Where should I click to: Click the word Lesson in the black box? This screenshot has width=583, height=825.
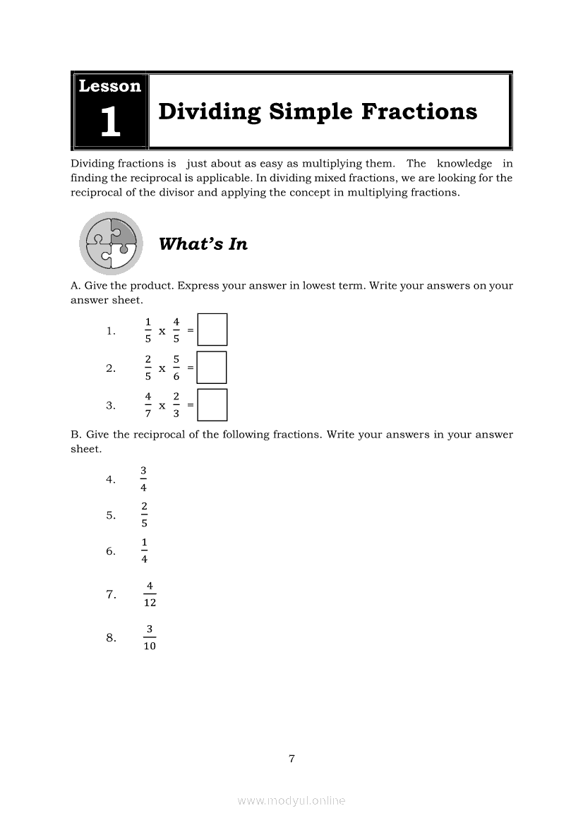tap(109, 87)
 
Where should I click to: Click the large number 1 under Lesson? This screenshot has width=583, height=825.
tap(110, 121)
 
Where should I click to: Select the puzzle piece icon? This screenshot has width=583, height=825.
tap(111, 243)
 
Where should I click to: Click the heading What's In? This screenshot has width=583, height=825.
tap(203, 244)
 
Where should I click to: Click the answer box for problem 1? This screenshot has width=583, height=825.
tap(212, 330)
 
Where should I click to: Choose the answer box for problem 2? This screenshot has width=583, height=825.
tap(212, 368)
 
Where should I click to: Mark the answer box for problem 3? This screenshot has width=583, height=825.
tap(212, 405)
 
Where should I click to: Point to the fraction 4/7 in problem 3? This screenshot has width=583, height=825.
tap(148, 405)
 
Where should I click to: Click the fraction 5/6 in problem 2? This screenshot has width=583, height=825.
tap(176, 368)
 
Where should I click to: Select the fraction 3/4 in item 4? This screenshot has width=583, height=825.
tap(144, 479)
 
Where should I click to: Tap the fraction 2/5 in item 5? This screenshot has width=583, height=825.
tap(144, 515)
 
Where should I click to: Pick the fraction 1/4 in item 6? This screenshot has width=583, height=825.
tap(144, 551)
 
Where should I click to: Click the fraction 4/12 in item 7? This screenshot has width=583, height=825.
tap(150, 594)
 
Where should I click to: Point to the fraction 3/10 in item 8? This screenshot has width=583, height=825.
tap(150, 638)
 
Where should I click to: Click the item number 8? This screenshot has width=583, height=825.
tap(111, 638)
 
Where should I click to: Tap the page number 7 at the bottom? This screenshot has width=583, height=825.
tap(291, 759)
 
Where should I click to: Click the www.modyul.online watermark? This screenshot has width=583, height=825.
tap(291, 800)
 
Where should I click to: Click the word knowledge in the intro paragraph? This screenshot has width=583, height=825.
tap(464, 164)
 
